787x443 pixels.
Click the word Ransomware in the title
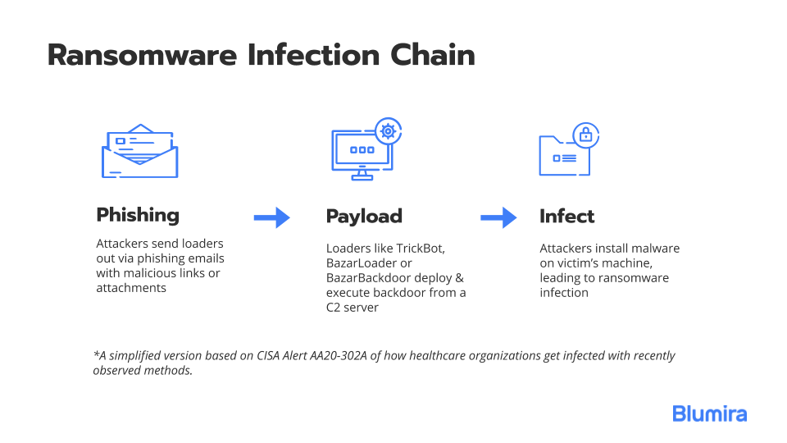(142, 55)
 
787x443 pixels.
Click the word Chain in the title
(433, 54)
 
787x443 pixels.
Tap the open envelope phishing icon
(140, 151)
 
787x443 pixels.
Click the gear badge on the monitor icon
(388, 131)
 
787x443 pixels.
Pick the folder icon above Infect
(564, 155)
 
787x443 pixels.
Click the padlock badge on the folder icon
(585, 135)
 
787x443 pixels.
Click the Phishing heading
(138, 215)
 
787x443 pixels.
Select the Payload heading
(364, 216)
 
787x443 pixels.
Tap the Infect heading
(566, 216)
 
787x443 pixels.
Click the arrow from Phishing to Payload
(272, 217)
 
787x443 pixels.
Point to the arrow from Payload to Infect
(498, 217)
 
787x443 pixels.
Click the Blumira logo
(710, 413)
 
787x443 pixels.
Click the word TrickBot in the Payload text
(421, 248)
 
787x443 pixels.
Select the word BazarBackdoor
(389, 278)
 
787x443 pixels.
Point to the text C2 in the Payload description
(334, 308)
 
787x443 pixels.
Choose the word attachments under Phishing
(131, 288)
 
